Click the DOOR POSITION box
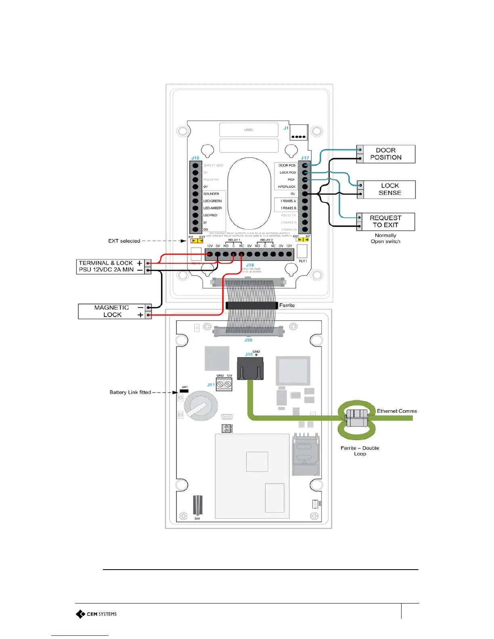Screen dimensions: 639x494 pos(385,154)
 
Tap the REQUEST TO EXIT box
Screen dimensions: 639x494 pos(385,221)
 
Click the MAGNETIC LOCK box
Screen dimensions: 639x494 pos(112,311)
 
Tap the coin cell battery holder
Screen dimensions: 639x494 pos(201,405)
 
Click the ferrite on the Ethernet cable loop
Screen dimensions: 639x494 pos(357,418)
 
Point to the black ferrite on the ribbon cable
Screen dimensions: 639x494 pos(252,305)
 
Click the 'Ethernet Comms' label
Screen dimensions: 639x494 pos(397,411)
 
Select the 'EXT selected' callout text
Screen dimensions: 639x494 pos(124,241)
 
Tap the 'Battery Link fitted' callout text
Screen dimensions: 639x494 pos(130,392)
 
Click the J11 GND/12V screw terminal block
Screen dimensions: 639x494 pos(224,384)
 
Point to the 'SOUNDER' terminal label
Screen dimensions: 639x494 pos(211,194)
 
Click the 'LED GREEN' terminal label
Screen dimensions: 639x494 pos(212,201)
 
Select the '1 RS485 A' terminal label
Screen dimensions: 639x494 pos(288,201)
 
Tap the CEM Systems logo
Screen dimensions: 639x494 pos(96,614)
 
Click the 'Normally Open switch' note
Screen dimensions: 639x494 pos(385,238)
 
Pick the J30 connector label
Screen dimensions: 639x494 pos(248,340)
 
